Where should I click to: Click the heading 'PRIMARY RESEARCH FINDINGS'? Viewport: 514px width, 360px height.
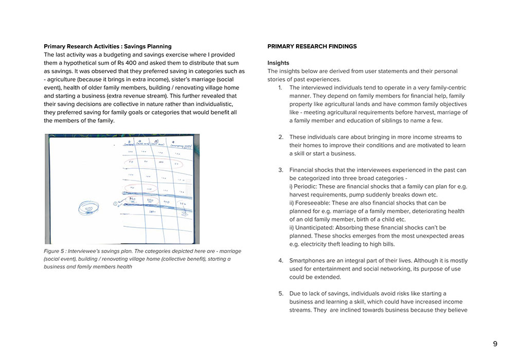pos(312,46)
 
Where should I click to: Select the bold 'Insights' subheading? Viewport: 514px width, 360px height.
pos(278,63)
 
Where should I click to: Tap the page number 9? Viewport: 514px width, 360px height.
pos(495,344)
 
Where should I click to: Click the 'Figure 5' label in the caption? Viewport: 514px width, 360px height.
pos(55,251)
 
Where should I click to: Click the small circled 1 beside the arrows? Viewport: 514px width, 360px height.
pos(115,204)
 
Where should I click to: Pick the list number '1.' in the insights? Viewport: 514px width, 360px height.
pos(281,87)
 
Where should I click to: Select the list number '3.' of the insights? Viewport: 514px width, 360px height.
pos(281,170)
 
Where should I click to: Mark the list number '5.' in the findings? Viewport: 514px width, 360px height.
pos(281,293)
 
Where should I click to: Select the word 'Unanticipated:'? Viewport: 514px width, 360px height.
pos(315,227)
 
